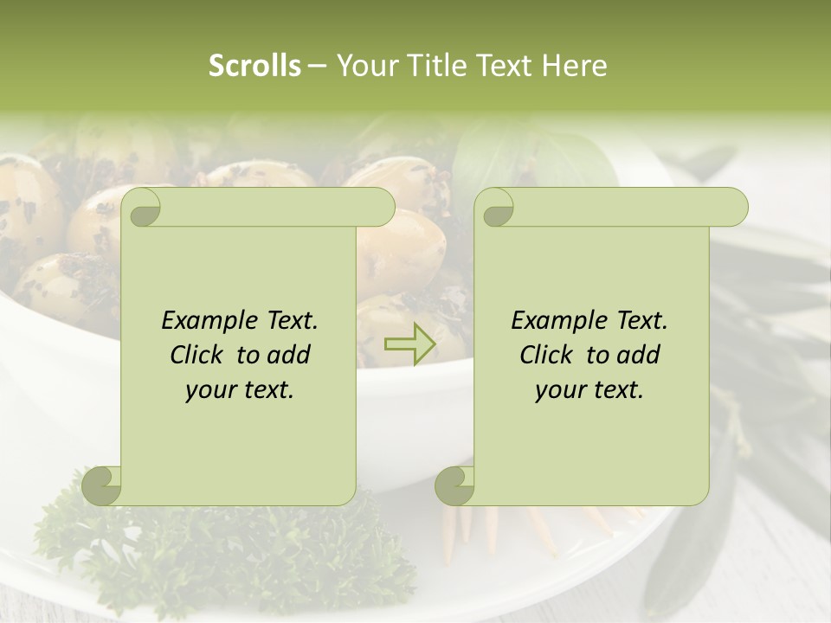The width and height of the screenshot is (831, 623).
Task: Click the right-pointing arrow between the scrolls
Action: tap(410, 344)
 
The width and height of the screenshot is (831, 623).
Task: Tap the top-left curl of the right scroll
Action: tap(497, 208)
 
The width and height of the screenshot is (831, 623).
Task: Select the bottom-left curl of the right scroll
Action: tap(455, 485)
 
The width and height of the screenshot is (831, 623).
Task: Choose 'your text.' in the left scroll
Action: tap(240, 389)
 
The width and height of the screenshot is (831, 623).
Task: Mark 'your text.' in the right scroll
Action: tap(589, 389)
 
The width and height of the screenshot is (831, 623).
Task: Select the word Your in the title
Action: tap(363, 66)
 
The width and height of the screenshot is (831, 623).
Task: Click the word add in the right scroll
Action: tap(638, 355)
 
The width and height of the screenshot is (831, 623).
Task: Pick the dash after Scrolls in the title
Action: tap(317, 67)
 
